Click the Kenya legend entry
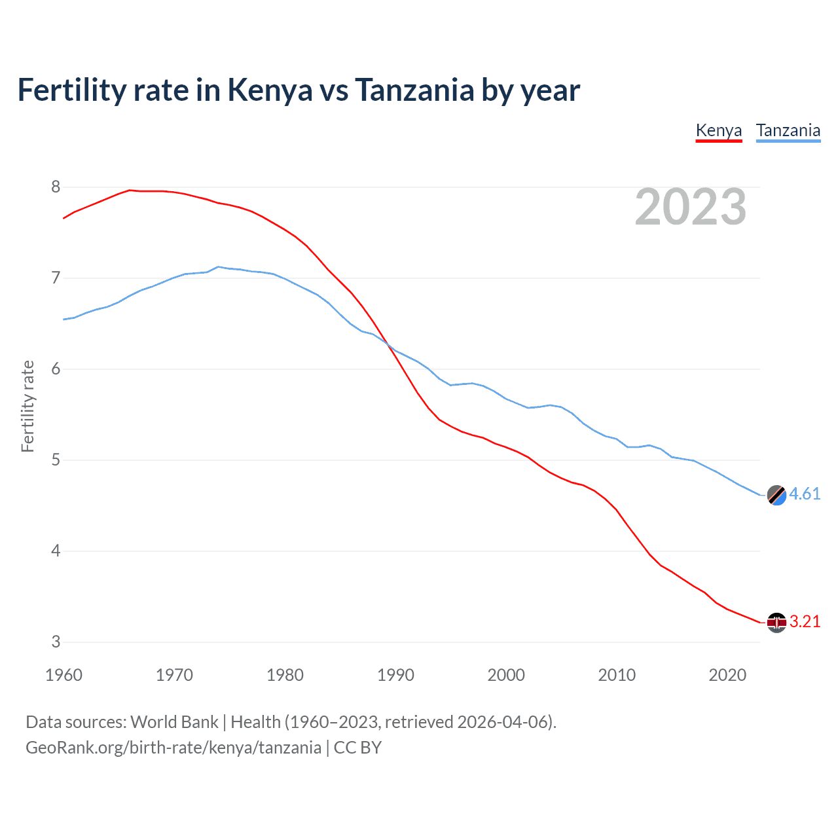[x=718, y=130]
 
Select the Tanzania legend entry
[x=788, y=130]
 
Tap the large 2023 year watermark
[x=690, y=207]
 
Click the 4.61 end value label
[x=805, y=494]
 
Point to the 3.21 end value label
[x=805, y=621]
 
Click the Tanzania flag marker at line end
[x=776, y=495]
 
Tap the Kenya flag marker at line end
[x=776, y=623]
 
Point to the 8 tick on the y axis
[x=56, y=187]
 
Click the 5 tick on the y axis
[x=56, y=460]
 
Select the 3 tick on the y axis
[x=56, y=642]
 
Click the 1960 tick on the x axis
[x=64, y=675]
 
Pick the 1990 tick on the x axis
[x=395, y=675]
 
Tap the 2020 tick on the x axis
[x=727, y=675]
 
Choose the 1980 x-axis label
[x=285, y=675]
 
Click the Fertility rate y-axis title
[x=27, y=406]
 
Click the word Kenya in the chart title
[x=270, y=90]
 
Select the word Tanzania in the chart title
[x=414, y=90]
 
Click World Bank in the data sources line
[x=174, y=722]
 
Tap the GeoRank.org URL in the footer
[x=173, y=748]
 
